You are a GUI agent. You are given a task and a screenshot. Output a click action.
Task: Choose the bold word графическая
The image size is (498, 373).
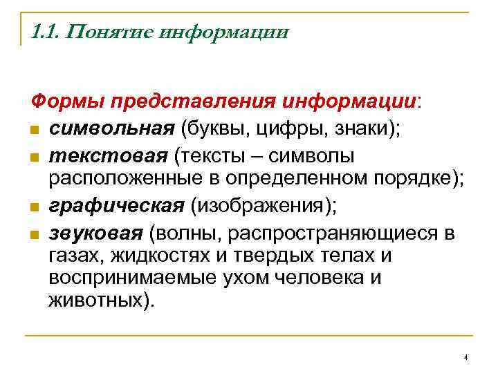(x=116, y=205)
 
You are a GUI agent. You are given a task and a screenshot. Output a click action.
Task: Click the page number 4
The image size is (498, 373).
(x=466, y=357)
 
